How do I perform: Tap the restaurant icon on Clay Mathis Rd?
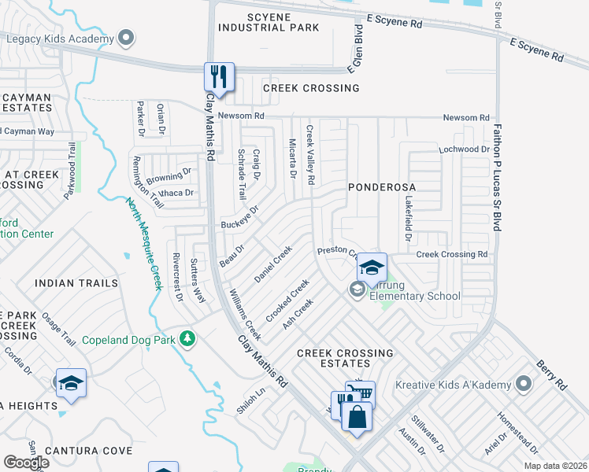pos(218,77)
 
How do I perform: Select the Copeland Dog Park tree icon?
pos(187,339)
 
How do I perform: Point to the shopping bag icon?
pos(357,418)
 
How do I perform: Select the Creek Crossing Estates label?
pos(344,359)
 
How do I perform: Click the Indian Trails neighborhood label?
pos(76,282)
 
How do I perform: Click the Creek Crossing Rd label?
pos(452,254)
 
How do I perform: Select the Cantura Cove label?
pos(88,451)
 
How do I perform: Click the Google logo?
pos(27,463)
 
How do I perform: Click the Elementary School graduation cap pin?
pos(372,268)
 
